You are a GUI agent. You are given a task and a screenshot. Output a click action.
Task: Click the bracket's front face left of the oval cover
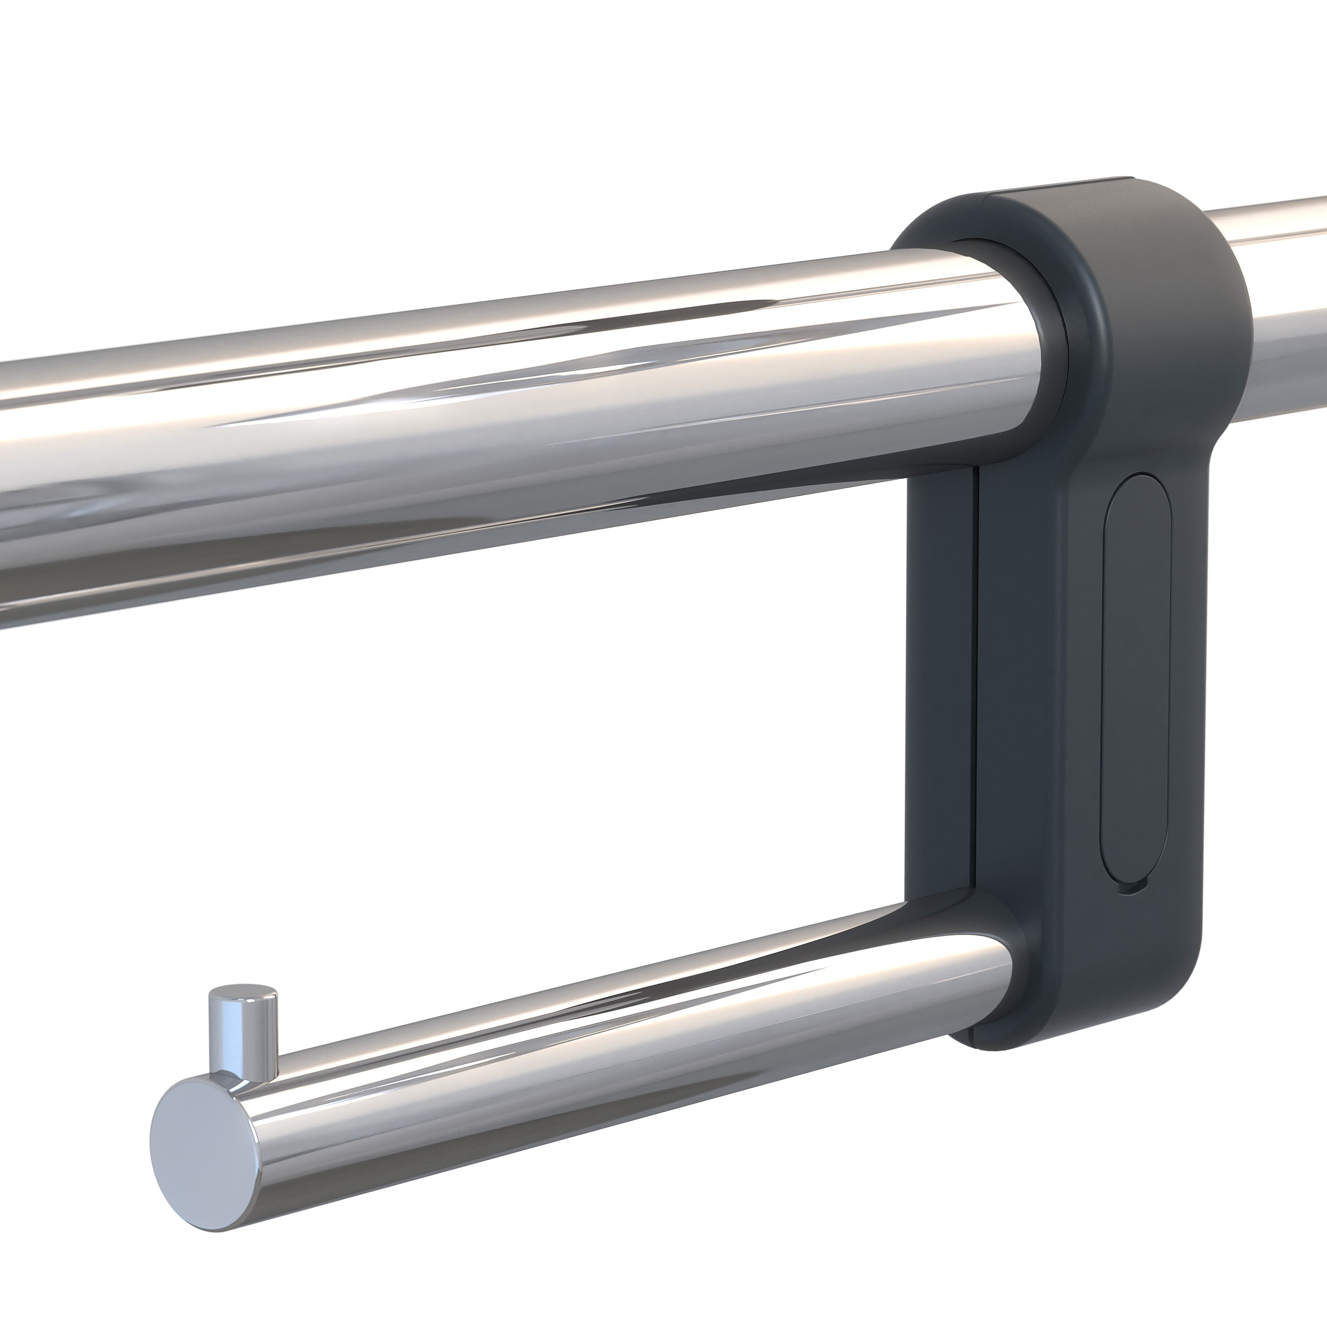click(x=1044, y=687)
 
